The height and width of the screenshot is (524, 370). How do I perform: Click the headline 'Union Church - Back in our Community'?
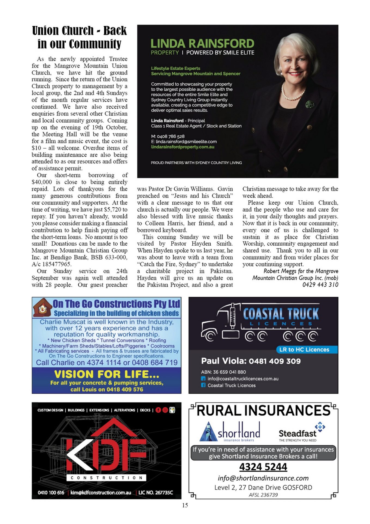[79, 37]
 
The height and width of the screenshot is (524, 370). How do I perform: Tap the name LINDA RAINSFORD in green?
[202, 44]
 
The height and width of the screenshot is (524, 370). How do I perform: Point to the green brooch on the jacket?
[310, 104]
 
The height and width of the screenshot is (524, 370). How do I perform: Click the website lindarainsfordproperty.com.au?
[183, 147]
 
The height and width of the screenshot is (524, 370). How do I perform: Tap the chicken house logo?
[42, 308]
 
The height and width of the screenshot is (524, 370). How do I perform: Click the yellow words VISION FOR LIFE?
[107, 374]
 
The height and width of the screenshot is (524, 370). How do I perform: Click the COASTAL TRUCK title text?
[281, 314]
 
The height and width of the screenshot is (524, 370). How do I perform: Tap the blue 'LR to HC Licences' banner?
[304, 350]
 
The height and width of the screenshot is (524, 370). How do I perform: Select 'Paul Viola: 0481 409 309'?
[251, 361]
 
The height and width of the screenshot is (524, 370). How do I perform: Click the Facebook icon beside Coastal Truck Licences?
[203, 385]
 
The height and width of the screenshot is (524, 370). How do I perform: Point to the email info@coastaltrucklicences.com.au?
[243, 379]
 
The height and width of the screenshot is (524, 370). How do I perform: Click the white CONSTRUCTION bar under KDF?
[106, 478]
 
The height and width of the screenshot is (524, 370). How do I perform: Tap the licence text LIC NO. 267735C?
[156, 493]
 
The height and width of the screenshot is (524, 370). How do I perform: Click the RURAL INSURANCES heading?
[263, 411]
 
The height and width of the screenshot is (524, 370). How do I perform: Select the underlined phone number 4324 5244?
[263, 467]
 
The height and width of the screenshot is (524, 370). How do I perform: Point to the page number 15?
[185, 505]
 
